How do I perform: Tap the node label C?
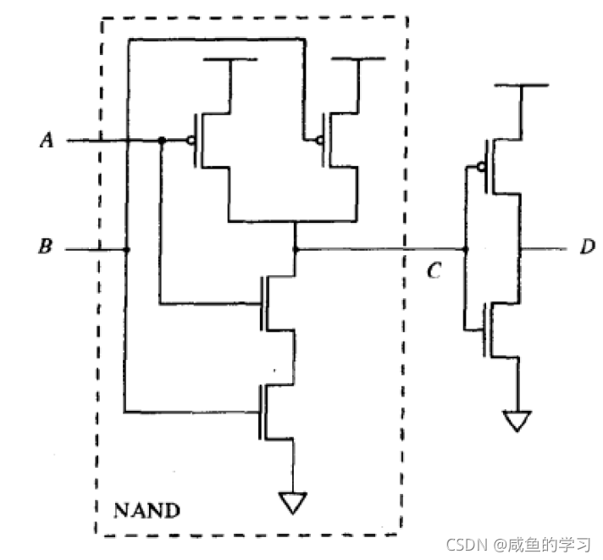click(x=434, y=273)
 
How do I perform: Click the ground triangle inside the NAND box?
click(x=293, y=503)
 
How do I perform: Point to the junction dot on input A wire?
click(x=160, y=140)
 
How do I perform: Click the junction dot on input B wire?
click(x=127, y=250)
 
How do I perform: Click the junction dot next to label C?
click(x=466, y=250)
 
